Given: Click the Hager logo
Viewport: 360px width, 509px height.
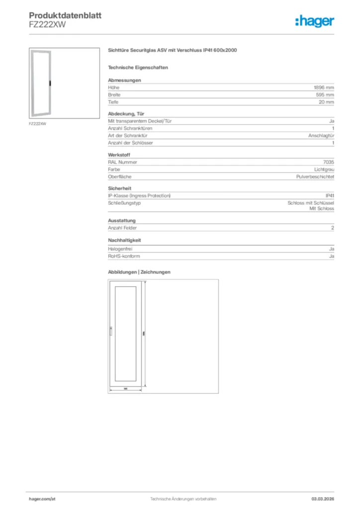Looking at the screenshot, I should pyautogui.click(x=314, y=21).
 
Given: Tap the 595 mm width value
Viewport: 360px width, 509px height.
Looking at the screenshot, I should pyautogui.click(x=325, y=94).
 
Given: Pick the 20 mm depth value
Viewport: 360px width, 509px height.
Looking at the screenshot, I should pyautogui.click(x=326, y=102).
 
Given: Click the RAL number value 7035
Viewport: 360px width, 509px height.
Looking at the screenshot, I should pyautogui.click(x=328, y=162).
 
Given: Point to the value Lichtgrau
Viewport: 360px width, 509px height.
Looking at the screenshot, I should pyautogui.click(x=324, y=170).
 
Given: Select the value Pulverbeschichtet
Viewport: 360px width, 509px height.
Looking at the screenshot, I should pyautogui.click(x=314, y=177).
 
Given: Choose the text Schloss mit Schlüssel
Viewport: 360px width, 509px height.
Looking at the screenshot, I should pyautogui.click(x=311, y=203).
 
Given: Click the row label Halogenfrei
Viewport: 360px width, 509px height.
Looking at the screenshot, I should pyautogui.click(x=120, y=249).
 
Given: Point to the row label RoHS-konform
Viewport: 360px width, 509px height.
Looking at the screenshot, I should pyautogui.click(x=124, y=256).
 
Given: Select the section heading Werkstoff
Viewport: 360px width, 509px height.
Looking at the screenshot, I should pyautogui.click(x=119, y=155).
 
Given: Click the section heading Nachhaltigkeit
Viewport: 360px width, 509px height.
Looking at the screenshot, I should pyautogui.click(x=125, y=241).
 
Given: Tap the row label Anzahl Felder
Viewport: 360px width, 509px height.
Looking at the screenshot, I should pyautogui.click(x=122, y=228).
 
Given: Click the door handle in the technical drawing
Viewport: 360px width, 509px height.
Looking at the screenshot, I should pyautogui.click(x=111, y=330).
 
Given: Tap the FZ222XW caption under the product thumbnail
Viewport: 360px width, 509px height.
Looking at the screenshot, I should pyautogui.click(x=38, y=124).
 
